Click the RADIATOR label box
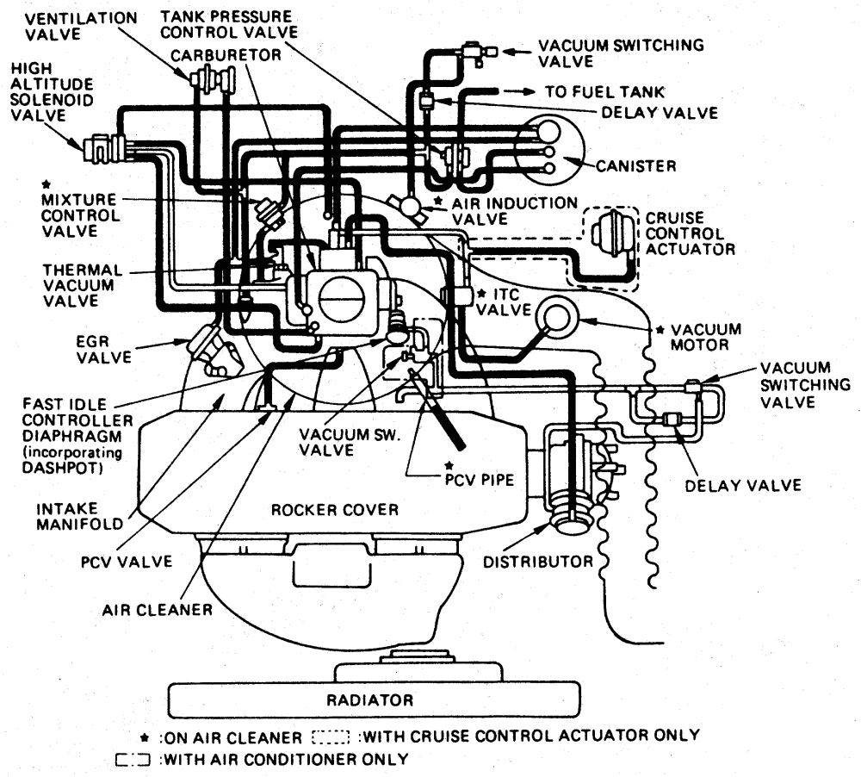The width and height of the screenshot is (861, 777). pyautogui.click(x=369, y=699)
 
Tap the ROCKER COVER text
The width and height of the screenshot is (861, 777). pyautogui.click(x=335, y=510)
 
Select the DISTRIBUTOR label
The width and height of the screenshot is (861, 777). pyautogui.click(x=537, y=562)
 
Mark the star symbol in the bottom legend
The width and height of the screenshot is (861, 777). pyautogui.click(x=146, y=737)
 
